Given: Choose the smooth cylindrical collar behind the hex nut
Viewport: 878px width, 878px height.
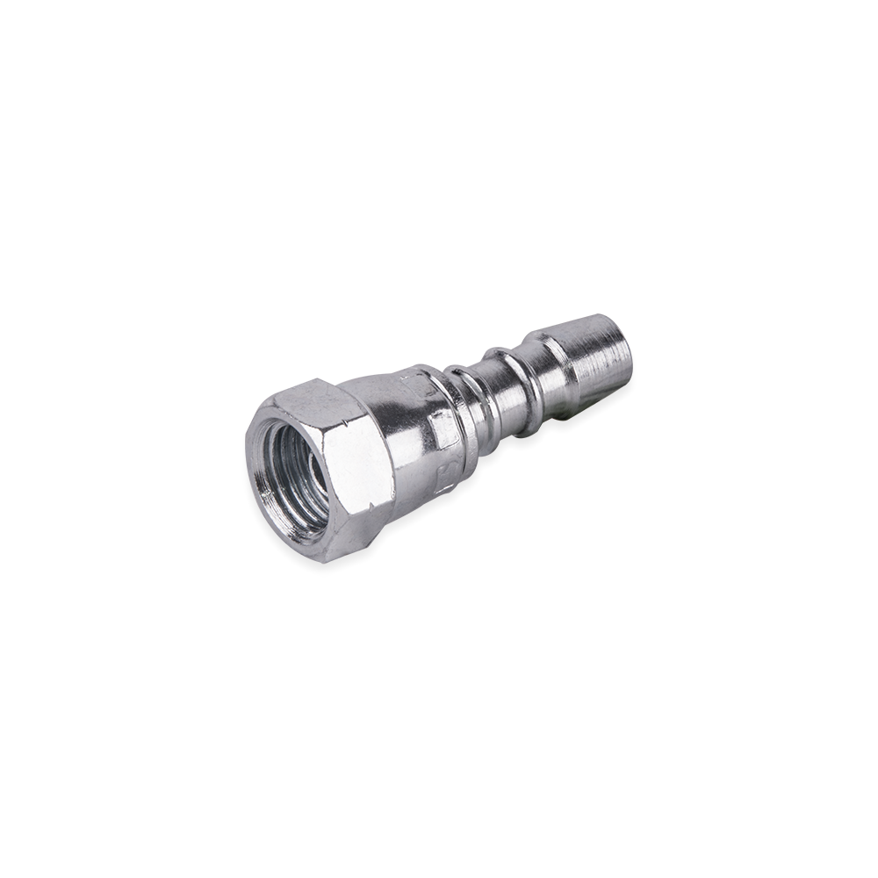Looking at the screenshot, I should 413,439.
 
